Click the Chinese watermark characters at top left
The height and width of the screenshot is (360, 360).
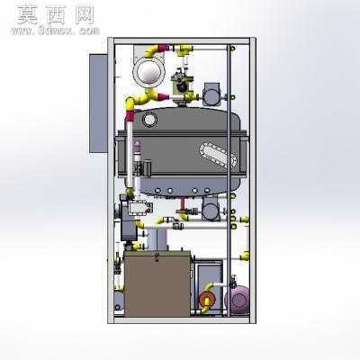[x=56, y=15]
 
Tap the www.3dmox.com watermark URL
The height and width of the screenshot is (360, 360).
[x=55, y=31]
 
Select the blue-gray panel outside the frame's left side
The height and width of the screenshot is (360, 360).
[x=98, y=103]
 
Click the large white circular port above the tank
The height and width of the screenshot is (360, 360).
[x=148, y=72]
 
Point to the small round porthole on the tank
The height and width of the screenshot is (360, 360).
[x=149, y=120]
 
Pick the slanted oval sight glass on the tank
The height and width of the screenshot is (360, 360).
[x=218, y=154]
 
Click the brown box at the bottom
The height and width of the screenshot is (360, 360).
[x=157, y=284]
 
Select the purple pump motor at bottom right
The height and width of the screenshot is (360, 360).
[x=238, y=300]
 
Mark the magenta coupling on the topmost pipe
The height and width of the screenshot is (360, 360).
[x=164, y=48]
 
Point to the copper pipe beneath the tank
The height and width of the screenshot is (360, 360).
[x=184, y=204]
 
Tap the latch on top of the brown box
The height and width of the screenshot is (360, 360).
[x=157, y=256]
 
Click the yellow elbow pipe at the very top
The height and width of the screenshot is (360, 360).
[x=152, y=51]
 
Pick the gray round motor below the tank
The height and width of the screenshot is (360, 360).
[x=211, y=209]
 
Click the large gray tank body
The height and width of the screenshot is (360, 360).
[x=184, y=151]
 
